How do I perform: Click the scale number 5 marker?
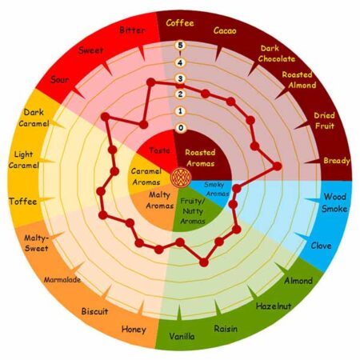(181, 46)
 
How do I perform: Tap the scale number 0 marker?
(181, 128)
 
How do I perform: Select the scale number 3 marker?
(181, 78)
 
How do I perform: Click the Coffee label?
(180, 23)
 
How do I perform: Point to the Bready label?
(337, 161)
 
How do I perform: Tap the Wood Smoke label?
(334, 202)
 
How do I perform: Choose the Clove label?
(321, 246)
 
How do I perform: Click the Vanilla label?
(182, 336)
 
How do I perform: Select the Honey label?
(134, 330)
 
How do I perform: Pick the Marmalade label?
(62, 280)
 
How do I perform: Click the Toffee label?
(23, 202)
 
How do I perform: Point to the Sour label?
(60, 79)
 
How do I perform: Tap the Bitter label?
(132, 30)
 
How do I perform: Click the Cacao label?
(225, 30)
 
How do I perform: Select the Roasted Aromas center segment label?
(200, 158)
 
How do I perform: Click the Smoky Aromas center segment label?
(217, 189)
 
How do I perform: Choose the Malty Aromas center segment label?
(160, 200)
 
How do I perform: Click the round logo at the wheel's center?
(182, 177)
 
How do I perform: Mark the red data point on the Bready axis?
(277, 166)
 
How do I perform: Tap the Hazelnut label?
(274, 306)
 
